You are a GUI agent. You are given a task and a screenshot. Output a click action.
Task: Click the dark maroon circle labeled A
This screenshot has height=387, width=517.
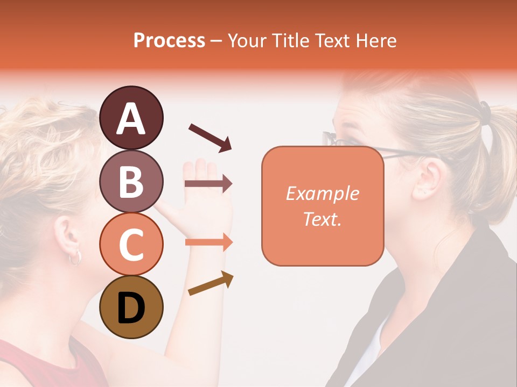pos(131,118)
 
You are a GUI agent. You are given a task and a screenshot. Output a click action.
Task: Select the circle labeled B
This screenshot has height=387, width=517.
pos(131,181)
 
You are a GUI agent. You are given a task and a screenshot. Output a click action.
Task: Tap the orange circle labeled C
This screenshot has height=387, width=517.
pos(131,244)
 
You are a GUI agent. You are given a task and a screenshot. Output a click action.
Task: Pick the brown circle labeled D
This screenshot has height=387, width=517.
pos(131,307)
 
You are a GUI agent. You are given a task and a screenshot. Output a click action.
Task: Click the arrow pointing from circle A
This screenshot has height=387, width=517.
pos(210,137)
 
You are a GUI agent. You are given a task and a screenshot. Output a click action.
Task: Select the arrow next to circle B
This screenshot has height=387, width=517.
pos(208,184)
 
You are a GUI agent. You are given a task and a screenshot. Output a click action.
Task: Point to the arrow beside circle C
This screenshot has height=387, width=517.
pos(208,242)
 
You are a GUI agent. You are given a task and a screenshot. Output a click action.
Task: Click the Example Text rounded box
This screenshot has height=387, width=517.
pos(323,206)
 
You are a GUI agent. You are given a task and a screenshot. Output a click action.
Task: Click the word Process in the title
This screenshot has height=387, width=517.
pos(170,40)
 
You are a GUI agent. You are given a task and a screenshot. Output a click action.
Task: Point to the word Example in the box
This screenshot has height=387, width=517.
pos(322,193)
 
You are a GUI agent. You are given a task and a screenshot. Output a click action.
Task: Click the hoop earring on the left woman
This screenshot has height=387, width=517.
pos(75,257)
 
